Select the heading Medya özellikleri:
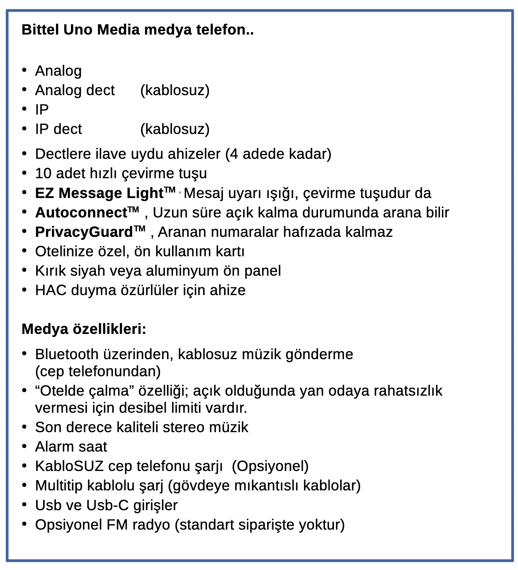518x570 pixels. (x=84, y=329)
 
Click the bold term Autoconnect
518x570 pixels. (x=81, y=213)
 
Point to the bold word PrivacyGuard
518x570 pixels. (x=84, y=232)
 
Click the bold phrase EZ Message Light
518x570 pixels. (x=99, y=193)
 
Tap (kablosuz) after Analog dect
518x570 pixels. (x=175, y=90)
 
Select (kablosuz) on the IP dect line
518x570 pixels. (x=175, y=129)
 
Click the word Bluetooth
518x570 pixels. (x=67, y=354)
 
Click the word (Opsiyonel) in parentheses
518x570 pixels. (x=270, y=466)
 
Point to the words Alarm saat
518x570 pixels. (x=71, y=447)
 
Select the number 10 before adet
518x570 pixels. (x=43, y=173)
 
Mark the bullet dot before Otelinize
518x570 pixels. (x=24, y=250)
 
